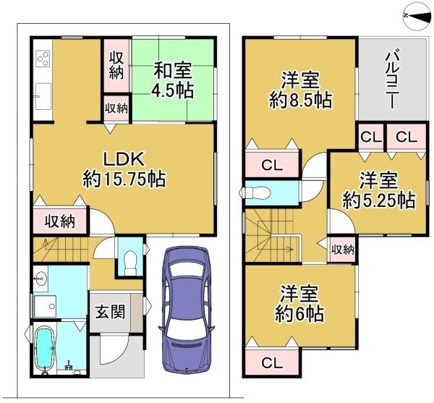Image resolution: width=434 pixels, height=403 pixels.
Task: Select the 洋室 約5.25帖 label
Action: [x=378, y=190]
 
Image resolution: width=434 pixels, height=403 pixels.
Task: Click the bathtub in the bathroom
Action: [x=46, y=349]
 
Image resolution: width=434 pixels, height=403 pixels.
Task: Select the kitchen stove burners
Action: [x=42, y=57]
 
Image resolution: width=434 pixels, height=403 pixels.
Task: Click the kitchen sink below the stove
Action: [x=42, y=92]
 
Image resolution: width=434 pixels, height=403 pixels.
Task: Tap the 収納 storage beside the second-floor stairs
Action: [x=343, y=250]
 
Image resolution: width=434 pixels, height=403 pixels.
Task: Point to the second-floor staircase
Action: [x=273, y=235]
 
